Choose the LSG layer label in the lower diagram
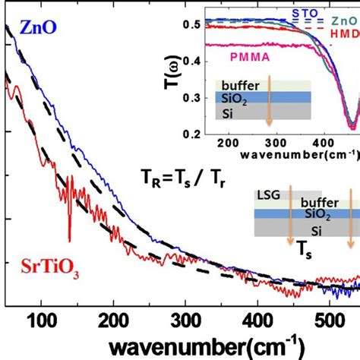point(270,196)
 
